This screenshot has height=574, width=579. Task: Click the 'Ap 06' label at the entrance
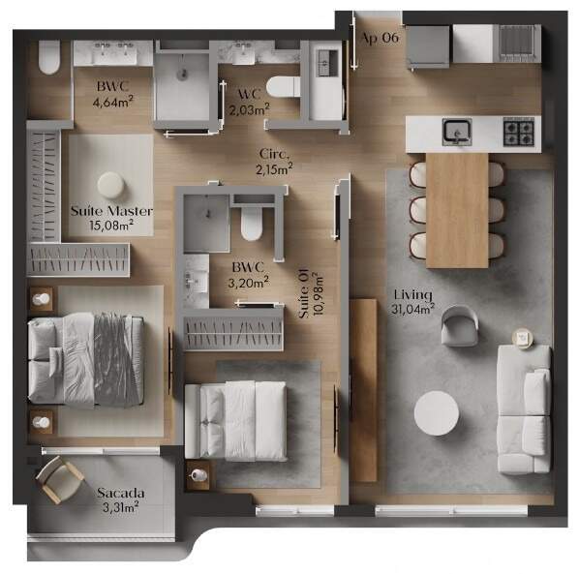click(x=380, y=38)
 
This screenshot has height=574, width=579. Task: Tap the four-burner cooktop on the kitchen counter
click(x=519, y=132)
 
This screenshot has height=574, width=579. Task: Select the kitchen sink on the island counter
click(x=457, y=132)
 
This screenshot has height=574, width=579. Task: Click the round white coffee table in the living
click(x=437, y=413)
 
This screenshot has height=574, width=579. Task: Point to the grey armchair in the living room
click(x=460, y=326)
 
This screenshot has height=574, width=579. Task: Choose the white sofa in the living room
click(x=524, y=409)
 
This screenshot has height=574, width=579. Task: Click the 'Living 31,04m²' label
click(x=412, y=302)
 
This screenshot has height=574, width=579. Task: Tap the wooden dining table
click(x=457, y=210)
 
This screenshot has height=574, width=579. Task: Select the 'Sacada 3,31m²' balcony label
click(x=121, y=500)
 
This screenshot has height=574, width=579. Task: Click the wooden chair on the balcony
click(x=60, y=479)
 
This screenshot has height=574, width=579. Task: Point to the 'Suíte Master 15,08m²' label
click(x=111, y=218)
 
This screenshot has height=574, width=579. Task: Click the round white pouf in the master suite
click(x=111, y=185)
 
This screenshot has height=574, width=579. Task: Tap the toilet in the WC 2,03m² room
click(x=284, y=86)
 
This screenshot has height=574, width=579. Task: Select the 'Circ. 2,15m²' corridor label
click(x=274, y=162)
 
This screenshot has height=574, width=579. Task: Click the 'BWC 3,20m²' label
click(x=248, y=275)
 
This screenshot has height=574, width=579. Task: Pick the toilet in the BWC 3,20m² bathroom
click(x=252, y=223)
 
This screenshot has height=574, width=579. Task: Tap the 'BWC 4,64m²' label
click(x=113, y=94)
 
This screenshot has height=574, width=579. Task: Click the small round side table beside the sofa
click(x=523, y=338)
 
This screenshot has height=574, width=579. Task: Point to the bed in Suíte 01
click(x=235, y=421)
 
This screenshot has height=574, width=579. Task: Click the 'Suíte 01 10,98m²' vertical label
click(x=310, y=294)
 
